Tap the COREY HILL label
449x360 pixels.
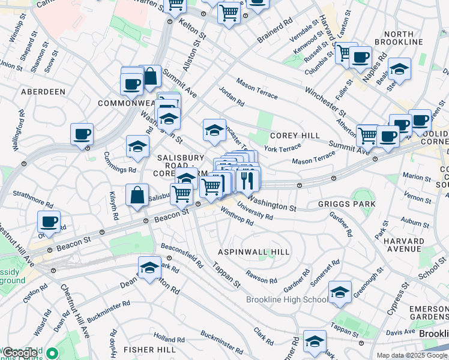[295, 136]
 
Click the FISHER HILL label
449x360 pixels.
[149, 349]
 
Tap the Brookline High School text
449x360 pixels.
[287, 299]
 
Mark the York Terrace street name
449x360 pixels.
[282, 148]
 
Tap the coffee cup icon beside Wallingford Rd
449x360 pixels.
[82, 134]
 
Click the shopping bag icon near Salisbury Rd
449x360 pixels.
[137, 195]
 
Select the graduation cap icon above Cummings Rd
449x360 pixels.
[137, 146]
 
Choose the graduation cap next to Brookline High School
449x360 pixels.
[340, 292]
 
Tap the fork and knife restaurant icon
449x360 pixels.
[248, 179]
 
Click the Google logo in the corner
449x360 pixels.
[20, 353]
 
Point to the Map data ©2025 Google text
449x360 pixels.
[412, 355]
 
